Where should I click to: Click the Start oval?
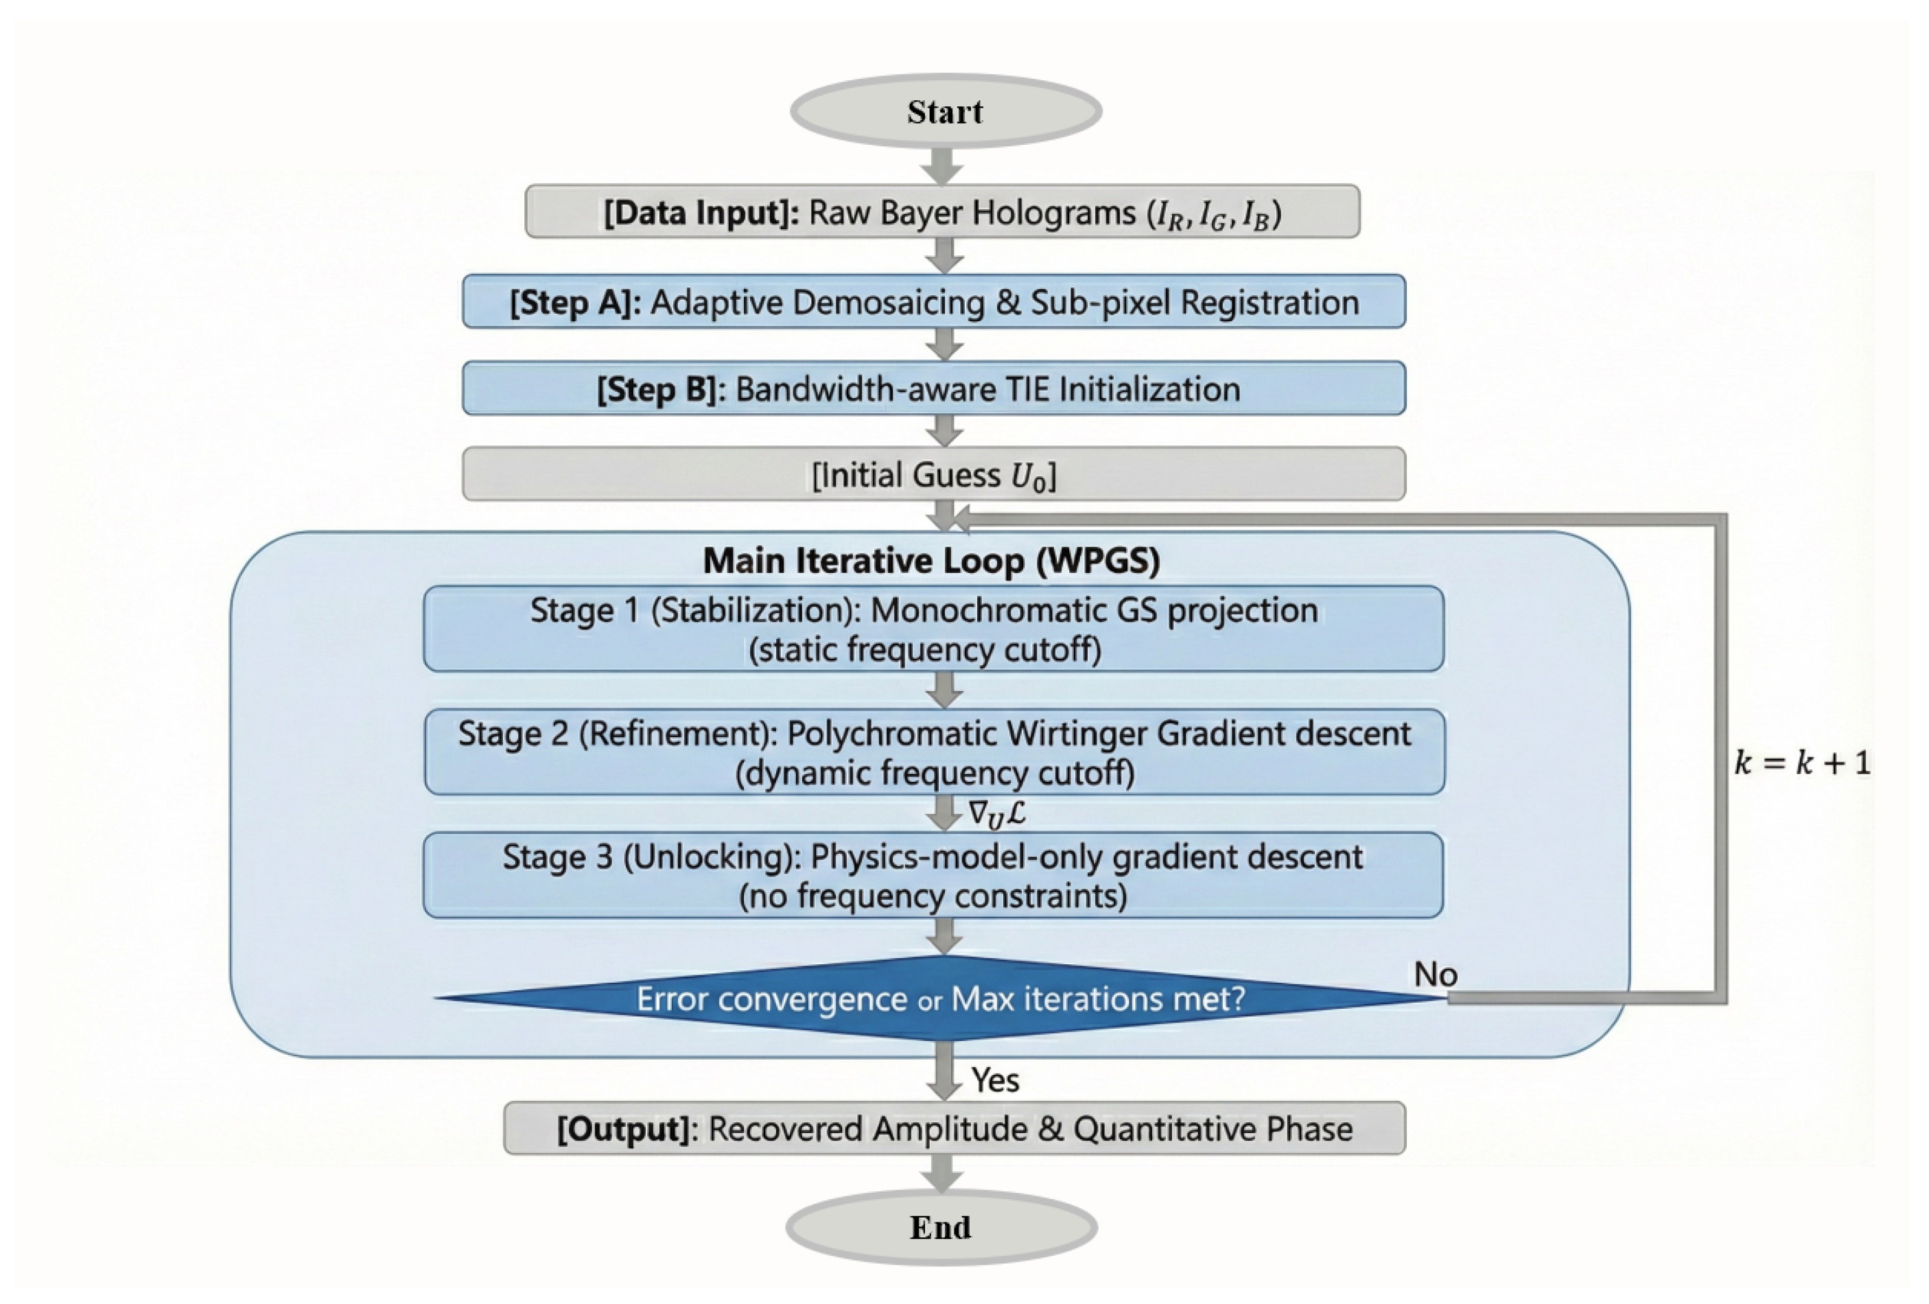click(946, 111)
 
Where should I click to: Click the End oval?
click(942, 1227)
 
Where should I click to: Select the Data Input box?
click(942, 211)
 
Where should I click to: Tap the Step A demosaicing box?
click(934, 301)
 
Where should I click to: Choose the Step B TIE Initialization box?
click(934, 388)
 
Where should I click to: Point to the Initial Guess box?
click(934, 474)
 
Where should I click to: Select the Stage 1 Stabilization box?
click(934, 629)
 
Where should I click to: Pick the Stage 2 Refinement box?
click(935, 752)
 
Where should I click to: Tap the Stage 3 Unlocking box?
click(933, 875)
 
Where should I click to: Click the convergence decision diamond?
click(942, 998)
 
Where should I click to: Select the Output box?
click(955, 1128)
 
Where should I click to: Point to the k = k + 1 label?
click(1803, 762)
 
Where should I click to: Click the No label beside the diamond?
click(1436, 975)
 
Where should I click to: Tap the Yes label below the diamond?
click(995, 1080)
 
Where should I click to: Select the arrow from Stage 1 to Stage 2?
click(944, 690)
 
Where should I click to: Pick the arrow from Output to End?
click(942, 1173)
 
